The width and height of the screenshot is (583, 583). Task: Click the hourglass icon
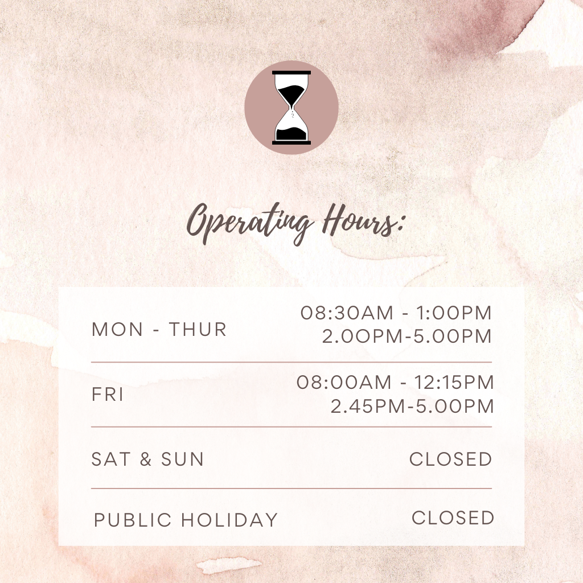tap(291, 108)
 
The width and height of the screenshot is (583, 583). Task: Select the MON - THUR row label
tap(159, 330)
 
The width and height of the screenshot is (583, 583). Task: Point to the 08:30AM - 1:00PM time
tap(396, 313)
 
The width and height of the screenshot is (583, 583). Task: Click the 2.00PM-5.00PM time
tap(407, 336)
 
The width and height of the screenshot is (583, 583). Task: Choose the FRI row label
tap(108, 394)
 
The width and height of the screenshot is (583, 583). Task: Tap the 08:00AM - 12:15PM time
tap(395, 382)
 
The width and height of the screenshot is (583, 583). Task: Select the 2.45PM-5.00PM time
tap(412, 406)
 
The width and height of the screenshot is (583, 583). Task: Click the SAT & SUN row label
tap(147, 459)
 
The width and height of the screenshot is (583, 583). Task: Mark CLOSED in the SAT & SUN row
tap(451, 459)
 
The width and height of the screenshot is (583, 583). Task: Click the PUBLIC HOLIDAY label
tap(186, 520)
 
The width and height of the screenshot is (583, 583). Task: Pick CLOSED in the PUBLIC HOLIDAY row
tap(453, 518)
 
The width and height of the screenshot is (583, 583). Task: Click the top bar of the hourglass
tap(291, 72)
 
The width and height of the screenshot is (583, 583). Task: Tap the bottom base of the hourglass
tap(291, 143)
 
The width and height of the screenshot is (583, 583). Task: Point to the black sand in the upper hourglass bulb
tap(293, 92)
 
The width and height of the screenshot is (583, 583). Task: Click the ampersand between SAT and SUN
tap(146, 459)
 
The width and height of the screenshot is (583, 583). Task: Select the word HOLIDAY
tap(230, 520)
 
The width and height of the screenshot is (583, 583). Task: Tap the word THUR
tap(198, 330)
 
